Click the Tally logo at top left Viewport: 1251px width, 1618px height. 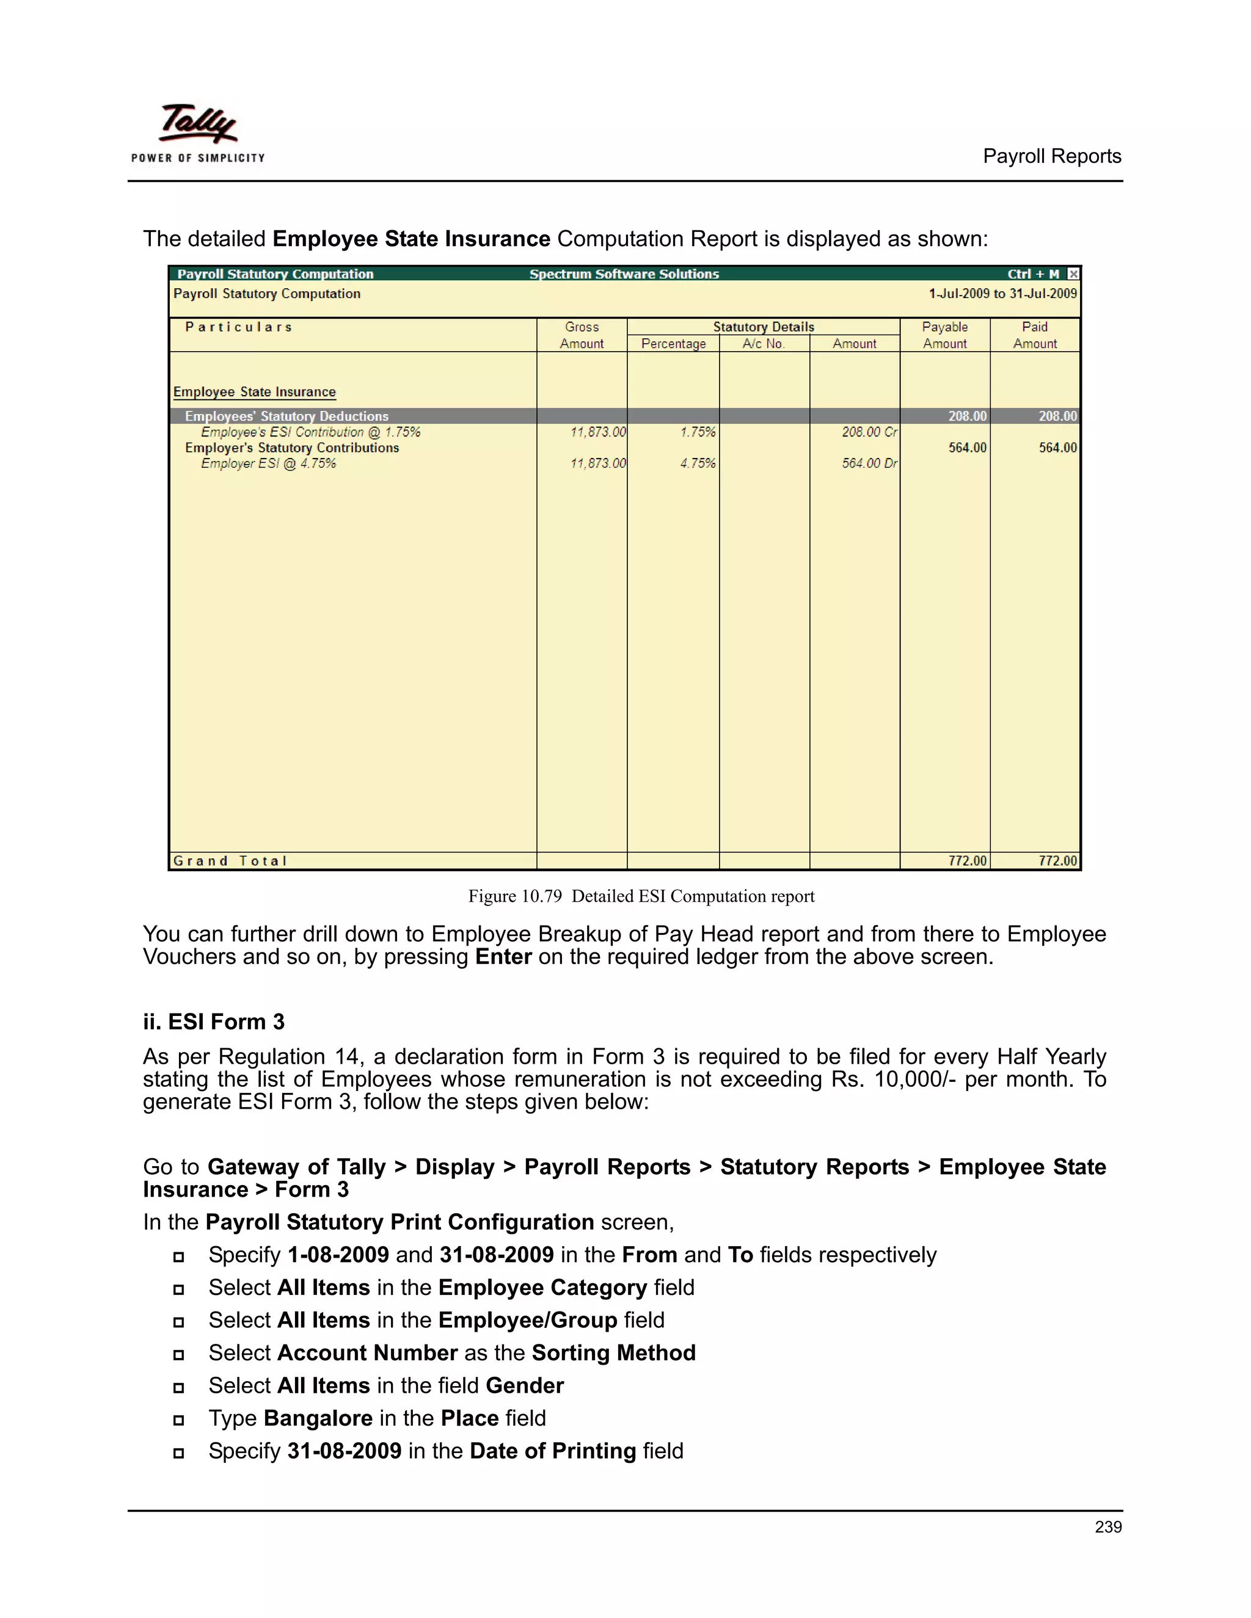point(198,133)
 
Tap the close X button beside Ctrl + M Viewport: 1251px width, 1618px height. point(1073,274)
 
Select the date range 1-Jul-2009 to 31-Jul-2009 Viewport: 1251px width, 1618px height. point(1002,293)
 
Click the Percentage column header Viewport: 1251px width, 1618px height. point(673,344)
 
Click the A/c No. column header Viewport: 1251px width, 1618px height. point(764,344)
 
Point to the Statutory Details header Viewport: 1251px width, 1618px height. point(764,327)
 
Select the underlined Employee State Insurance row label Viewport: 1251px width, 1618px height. point(254,392)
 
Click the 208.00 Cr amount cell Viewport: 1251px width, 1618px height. point(869,432)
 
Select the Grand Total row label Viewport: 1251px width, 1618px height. point(230,861)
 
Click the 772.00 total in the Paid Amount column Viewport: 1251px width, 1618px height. point(1057,861)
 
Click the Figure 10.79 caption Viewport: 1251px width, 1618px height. point(641,896)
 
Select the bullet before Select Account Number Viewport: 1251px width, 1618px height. point(178,1355)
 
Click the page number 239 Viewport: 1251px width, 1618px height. point(1108,1527)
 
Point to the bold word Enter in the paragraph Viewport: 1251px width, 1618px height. point(503,957)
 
